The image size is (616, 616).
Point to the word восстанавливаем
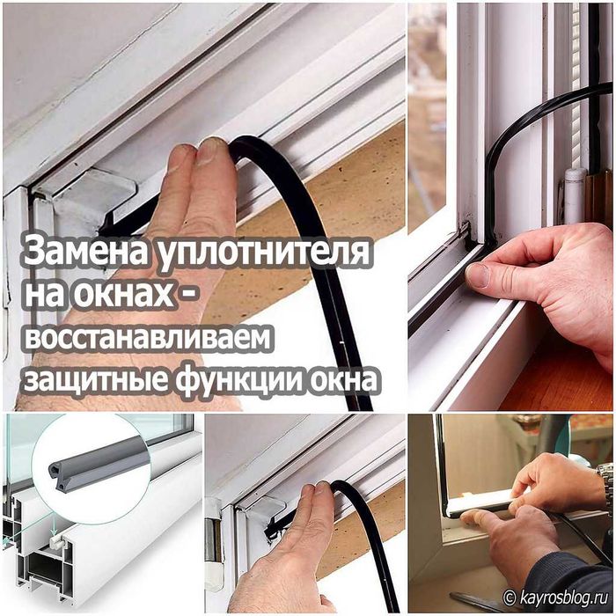point(150,339)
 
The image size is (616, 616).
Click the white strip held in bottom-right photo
point(480,504)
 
